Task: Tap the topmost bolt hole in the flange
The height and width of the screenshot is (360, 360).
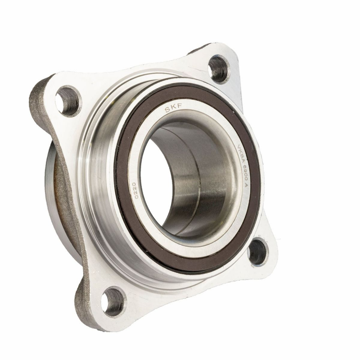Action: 219,69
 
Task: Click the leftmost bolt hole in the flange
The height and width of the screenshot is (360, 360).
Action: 68,100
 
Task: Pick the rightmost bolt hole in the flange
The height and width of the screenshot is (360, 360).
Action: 257,252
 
